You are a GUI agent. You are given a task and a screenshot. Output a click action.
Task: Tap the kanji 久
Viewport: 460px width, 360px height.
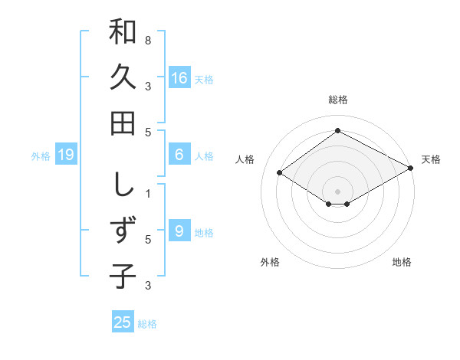coord(123,78)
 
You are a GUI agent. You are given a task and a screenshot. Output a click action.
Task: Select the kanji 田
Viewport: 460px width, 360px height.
coord(123,123)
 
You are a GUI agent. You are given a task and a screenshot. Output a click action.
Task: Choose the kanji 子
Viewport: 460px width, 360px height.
coord(123,276)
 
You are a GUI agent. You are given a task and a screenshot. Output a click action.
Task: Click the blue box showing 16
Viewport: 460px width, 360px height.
coord(179,78)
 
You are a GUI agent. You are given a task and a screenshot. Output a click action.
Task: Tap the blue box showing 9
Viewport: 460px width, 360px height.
coord(179,231)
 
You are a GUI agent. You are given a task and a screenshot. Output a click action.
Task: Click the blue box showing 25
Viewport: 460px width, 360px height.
coord(123,322)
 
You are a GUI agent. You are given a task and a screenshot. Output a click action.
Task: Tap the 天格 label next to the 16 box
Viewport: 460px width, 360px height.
coord(204,79)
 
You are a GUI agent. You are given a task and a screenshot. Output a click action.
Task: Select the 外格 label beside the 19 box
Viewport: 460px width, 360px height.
coord(41,156)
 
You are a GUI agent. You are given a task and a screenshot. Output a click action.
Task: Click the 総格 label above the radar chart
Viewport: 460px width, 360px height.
coord(337,100)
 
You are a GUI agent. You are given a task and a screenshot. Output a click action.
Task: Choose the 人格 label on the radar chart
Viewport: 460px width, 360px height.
coord(245,159)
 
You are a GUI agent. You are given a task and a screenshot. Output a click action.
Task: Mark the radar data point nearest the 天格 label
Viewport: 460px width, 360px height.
coord(412,169)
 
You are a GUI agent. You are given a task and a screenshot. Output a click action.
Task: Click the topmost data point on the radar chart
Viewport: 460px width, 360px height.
coord(337,130)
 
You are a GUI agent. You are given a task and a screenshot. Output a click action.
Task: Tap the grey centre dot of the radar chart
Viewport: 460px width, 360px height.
coord(337,191)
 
